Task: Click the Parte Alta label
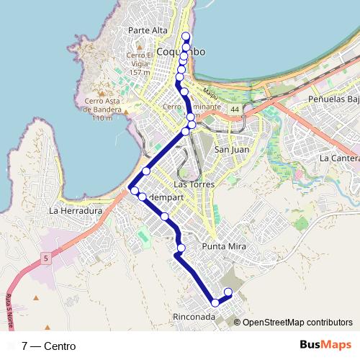click(x=148, y=30)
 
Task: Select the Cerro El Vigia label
click(x=140, y=63)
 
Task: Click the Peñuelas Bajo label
click(x=333, y=98)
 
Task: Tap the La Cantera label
click(x=339, y=158)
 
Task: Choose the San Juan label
click(x=232, y=150)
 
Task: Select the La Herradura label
click(x=76, y=211)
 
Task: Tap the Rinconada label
click(x=194, y=317)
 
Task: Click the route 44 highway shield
click(x=235, y=109)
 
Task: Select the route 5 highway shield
click(x=45, y=258)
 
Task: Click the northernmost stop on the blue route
click(x=186, y=36)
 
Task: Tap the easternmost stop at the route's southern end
click(x=228, y=292)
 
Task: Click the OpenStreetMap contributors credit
click(x=297, y=323)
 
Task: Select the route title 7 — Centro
click(x=48, y=346)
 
